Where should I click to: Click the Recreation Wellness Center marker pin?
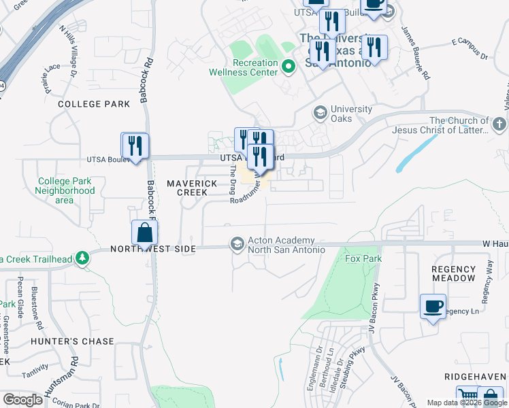tap(288, 67)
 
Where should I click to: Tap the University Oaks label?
tap(351, 114)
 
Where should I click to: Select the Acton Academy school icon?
tap(237, 243)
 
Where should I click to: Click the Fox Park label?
tap(363, 258)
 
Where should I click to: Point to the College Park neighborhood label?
tap(94, 104)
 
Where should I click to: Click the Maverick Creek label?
tap(192, 188)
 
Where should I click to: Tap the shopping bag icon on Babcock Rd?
tap(144, 233)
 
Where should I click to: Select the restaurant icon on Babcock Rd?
tap(135, 146)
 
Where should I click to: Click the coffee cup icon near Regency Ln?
tap(433, 307)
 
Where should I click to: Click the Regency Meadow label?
tap(454, 274)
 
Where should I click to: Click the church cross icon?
tap(499, 124)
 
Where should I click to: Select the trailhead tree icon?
tap(82, 258)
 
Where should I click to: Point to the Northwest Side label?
tap(152, 250)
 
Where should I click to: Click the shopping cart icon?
tap(467, 396)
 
